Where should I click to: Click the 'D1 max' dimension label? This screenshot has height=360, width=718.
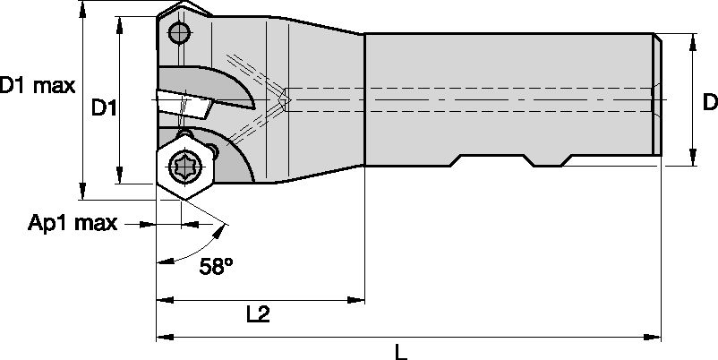point(38,87)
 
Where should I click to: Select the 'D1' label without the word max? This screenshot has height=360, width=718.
point(105,108)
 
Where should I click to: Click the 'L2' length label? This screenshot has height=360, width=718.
point(257,314)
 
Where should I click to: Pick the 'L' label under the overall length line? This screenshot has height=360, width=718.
point(400,351)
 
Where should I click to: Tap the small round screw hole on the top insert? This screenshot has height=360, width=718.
point(180,34)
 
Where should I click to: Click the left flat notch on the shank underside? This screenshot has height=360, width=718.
point(492,159)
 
